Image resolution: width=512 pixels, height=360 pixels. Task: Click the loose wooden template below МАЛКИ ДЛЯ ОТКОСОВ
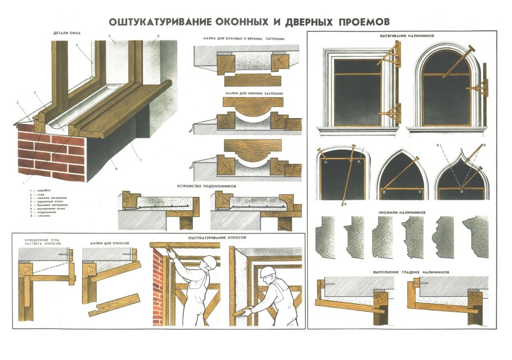(116, 305)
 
